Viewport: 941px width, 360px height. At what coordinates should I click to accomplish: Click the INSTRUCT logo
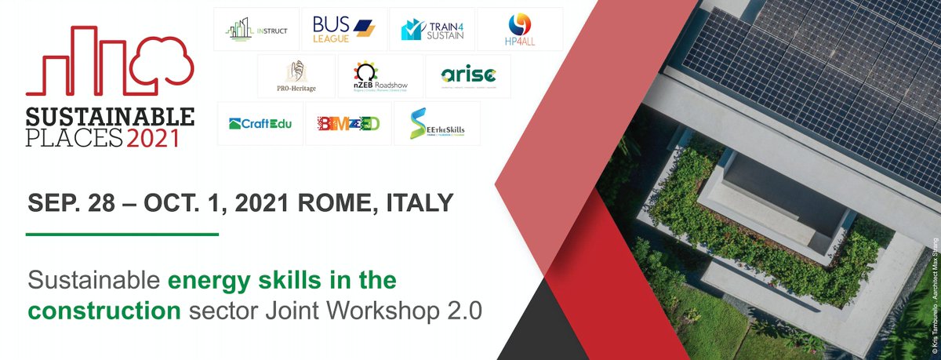point(256,29)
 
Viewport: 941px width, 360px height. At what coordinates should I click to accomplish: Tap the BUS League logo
point(343,29)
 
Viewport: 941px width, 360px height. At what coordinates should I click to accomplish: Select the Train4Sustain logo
point(432,29)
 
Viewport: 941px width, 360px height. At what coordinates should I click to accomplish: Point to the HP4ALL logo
point(521,29)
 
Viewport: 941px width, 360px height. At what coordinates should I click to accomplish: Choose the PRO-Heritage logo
point(296,76)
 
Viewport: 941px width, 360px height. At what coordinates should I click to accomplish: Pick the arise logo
point(467,76)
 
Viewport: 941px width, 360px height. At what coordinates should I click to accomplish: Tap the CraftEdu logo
point(260,123)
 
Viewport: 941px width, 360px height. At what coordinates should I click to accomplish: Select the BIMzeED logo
point(347,123)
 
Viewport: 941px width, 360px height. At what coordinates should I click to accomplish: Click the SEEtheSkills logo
point(436,123)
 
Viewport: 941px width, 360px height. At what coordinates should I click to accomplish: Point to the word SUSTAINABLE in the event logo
point(110,118)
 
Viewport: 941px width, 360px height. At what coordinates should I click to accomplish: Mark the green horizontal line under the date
point(122,234)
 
